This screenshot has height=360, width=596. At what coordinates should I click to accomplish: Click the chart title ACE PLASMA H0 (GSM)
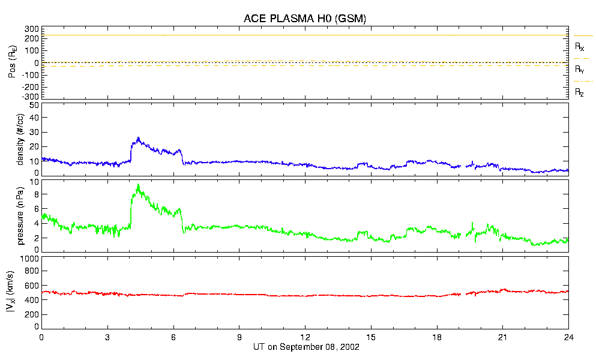(x=304, y=19)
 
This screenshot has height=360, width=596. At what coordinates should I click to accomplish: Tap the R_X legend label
(x=580, y=46)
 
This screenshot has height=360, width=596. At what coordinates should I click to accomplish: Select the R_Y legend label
(x=580, y=70)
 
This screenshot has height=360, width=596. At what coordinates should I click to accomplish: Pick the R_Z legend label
(x=580, y=92)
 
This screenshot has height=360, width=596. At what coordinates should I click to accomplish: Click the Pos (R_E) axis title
(x=11, y=63)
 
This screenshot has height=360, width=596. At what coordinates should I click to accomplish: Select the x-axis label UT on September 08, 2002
(x=304, y=347)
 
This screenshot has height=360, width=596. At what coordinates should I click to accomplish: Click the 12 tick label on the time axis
(x=305, y=337)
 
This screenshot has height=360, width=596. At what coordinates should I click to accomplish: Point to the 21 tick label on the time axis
(x=503, y=337)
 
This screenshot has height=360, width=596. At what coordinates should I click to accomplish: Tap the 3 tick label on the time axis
(x=107, y=337)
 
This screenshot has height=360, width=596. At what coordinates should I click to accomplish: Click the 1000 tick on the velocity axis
(x=30, y=259)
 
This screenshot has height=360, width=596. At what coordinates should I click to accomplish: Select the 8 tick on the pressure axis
(x=36, y=194)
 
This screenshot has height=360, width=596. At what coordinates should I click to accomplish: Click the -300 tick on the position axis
(x=31, y=96)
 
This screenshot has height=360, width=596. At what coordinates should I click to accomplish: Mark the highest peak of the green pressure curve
(x=138, y=185)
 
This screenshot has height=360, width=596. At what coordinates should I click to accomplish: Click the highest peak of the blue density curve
(x=138, y=137)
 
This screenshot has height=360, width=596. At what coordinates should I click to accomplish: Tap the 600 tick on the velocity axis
(x=32, y=287)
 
